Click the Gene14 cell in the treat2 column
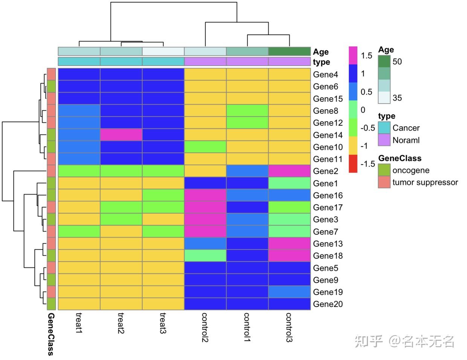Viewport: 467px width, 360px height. [x=121, y=135]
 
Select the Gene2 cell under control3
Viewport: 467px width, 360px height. [x=289, y=171]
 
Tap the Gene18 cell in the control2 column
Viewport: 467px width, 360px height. [x=205, y=256]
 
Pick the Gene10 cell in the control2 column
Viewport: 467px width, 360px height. [x=205, y=147]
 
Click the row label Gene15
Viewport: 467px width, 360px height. [x=328, y=99]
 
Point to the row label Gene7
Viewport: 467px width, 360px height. [x=325, y=232]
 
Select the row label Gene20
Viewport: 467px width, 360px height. [x=328, y=304]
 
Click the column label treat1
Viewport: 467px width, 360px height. [x=79, y=323]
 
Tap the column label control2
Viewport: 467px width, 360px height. [x=205, y=327]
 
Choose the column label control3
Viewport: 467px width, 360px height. [x=289, y=327]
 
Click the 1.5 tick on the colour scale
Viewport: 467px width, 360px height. [x=366, y=56]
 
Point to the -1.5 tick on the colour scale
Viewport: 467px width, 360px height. [x=367, y=164]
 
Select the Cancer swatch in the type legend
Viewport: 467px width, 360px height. [x=384, y=128]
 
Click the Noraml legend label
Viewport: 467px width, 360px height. [x=406, y=140]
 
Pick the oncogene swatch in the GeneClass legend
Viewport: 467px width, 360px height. [x=384, y=170]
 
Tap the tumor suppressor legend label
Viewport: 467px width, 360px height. [x=425, y=182]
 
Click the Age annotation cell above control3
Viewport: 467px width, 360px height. [x=289, y=51]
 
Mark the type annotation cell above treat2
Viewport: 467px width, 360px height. [x=121, y=61]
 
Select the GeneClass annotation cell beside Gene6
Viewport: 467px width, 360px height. [x=51, y=87]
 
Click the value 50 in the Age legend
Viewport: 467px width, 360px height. [x=397, y=61]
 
